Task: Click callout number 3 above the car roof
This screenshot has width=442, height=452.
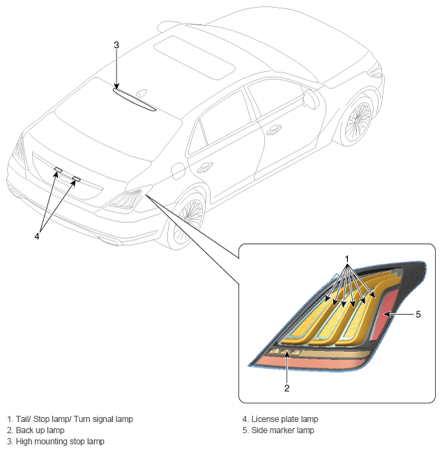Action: click(116, 45)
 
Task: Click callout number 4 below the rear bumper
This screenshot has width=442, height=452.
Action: click(37, 236)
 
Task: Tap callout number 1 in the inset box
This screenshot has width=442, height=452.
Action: click(347, 259)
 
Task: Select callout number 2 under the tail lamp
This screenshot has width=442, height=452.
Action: click(287, 389)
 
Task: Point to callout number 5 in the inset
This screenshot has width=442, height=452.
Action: click(418, 315)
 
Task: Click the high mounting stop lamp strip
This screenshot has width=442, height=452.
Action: click(135, 100)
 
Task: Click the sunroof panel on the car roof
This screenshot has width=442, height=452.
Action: click(195, 58)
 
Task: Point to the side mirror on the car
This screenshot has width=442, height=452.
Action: click(311, 99)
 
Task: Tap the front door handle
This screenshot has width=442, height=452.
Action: click(273, 130)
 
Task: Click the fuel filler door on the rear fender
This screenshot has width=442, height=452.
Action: click(178, 171)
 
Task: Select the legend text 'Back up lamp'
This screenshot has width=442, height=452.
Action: click(40, 430)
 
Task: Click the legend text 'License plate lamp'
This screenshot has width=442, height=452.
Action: click(284, 419)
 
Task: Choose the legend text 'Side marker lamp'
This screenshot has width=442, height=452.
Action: click(283, 430)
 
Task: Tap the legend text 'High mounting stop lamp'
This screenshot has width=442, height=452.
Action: click(60, 442)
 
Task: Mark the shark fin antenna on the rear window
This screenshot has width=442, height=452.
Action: click(142, 93)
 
